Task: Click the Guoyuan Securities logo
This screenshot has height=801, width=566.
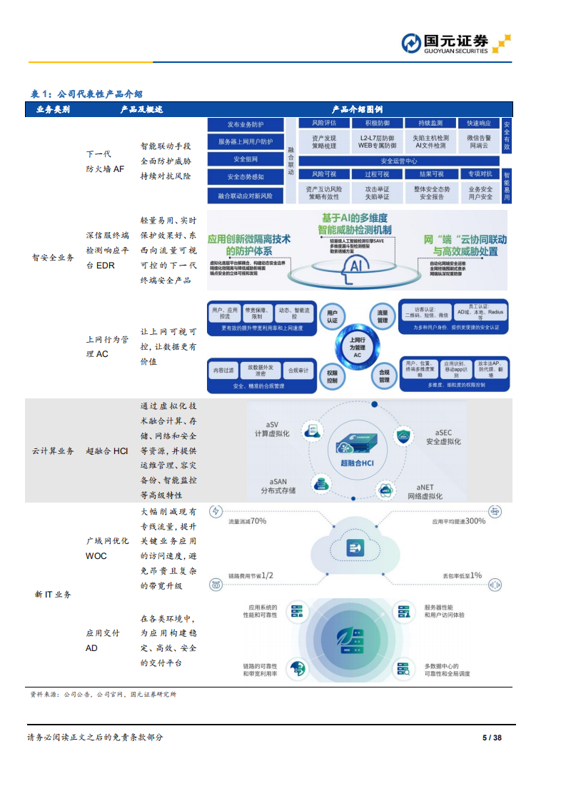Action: click(455, 43)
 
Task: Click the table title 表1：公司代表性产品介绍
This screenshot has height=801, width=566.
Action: click(86, 94)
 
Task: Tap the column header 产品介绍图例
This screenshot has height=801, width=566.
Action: click(357, 109)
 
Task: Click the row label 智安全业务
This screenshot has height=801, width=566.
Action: click(53, 258)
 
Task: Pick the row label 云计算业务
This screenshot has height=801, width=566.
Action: click(53, 450)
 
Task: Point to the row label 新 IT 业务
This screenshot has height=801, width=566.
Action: click(53, 594)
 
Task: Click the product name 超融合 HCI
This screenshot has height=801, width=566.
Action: click(106, 450)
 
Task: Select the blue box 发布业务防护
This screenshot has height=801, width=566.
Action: click(246, 124)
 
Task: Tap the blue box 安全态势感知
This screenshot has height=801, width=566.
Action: click(246, 176)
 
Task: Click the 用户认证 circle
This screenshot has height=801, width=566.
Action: click(332, 316)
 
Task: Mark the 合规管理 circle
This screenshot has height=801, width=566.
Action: click(383, 376)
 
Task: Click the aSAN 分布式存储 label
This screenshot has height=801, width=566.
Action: click(278, 485)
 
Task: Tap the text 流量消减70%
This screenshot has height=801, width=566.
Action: click(247, 521)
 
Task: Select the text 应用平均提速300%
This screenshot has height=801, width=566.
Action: click(458, 521)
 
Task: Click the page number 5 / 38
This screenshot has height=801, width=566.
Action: click(492, 737)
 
